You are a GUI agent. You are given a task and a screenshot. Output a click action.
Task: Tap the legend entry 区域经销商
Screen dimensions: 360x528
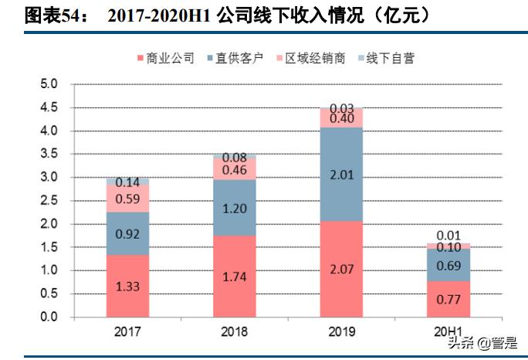pyautogui.click(x=314, y=58)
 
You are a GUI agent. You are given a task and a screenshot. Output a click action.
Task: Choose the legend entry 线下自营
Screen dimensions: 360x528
pyautogui.click(x=390, y=58)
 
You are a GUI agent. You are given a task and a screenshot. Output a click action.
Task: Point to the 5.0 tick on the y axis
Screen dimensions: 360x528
pyautogui.click(x=49, y=84)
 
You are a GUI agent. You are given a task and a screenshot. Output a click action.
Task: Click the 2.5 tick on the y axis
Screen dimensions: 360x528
pyautogui.click(x=49, y=201)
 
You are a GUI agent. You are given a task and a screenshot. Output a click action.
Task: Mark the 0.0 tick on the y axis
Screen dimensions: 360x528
pyautogui.click(x=49, y=318)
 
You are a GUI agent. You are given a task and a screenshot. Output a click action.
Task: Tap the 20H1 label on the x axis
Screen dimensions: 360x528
pyautogui.click(x=449, y=331)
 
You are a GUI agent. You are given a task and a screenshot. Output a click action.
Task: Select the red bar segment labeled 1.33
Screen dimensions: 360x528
pyautogui.click(x=127, y=287)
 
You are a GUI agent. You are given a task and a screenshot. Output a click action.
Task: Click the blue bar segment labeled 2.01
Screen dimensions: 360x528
pyautogui.click(x=340, y=175)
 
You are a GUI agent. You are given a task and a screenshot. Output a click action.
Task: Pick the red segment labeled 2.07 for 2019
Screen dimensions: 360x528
pyautogui.click(x=340, y=269)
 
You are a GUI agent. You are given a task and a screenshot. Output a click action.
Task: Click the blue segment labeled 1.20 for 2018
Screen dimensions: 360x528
pyautogui.click(x=234, y=208)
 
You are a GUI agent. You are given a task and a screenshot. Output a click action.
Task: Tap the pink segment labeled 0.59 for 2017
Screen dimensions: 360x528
pyautogui.click(x=127, y=199)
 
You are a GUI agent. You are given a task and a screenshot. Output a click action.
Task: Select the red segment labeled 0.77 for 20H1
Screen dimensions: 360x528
pyautogui.click(x=448, y=299)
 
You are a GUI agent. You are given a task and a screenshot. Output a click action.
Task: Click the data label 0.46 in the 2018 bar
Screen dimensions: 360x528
pyautogui.click(x=235, y=170)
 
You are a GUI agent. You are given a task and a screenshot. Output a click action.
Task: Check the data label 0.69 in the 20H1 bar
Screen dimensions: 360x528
pyautogui.click(x=448, y=265)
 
